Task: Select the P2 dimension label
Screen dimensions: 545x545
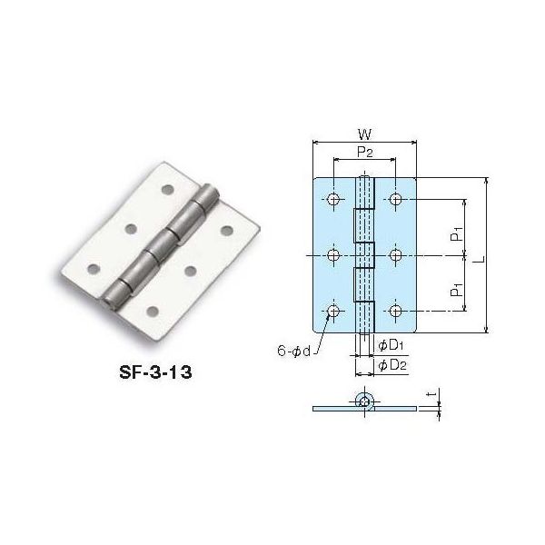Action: click(364, 153)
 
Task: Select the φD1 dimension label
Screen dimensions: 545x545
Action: click(391, 346)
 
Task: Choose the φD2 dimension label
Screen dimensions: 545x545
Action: click(392, 364)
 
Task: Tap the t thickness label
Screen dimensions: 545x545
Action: click(438, 395)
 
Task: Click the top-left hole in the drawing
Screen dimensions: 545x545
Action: click(334, 199)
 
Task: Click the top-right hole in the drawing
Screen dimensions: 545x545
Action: click(396, 199)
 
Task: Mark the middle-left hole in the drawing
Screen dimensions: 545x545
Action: click(334, 255)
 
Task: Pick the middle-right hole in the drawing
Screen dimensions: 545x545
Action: click(396, 255)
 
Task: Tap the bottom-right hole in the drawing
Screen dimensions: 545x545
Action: click(396, 312)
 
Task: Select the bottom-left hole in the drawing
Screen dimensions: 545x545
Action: click(334, 312)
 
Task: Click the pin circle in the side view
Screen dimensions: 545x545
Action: click(364, 401)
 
